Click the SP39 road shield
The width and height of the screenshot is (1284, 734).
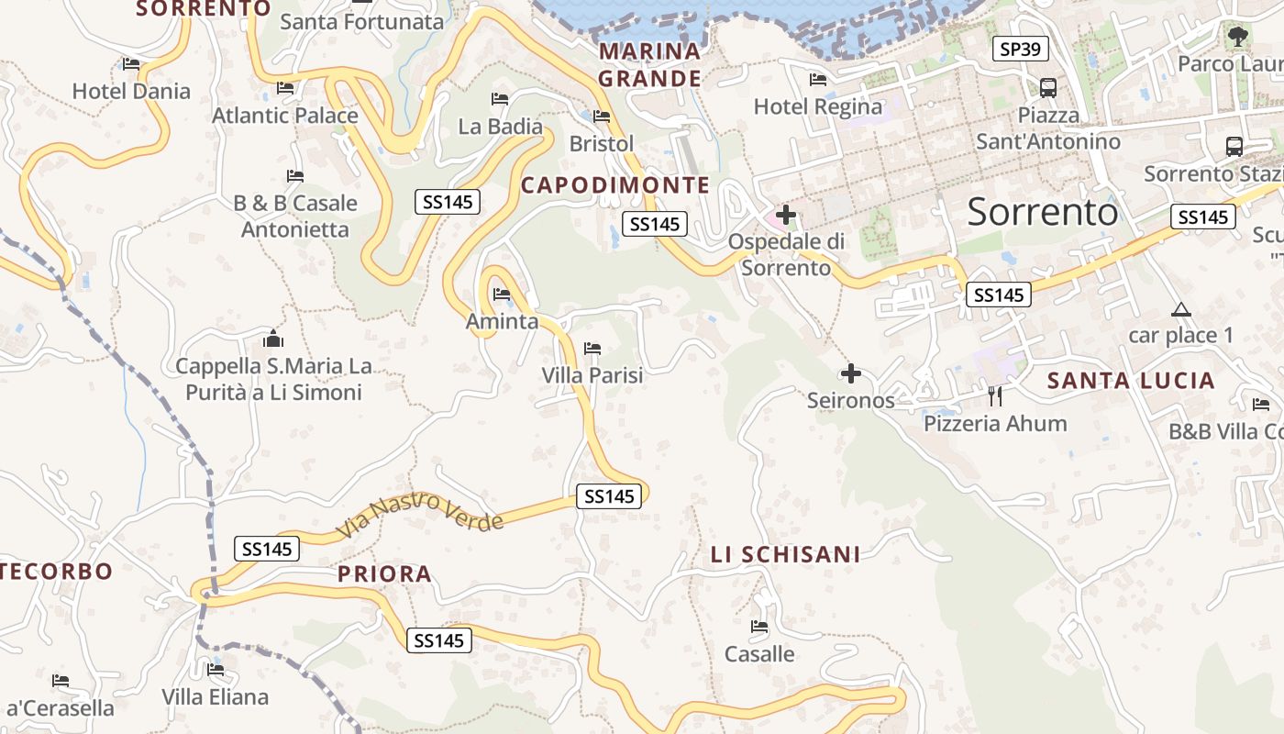1021,49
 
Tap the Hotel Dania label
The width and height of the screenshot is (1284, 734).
131,91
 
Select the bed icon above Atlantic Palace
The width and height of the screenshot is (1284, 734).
285,88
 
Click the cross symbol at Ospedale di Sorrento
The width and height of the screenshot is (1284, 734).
785,216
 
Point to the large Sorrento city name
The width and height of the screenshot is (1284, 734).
1043,212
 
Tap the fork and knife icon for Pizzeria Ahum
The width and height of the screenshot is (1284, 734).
995,396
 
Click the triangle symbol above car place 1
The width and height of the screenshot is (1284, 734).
1180,310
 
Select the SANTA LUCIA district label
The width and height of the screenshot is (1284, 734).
1131,381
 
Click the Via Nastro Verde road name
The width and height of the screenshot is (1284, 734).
420,515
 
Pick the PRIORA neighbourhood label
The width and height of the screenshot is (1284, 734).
384,574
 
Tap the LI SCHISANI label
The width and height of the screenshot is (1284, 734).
785,554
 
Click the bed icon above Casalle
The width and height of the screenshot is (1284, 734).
759,628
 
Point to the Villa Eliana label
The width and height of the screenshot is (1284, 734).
216,696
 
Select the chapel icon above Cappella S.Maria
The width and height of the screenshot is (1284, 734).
273,339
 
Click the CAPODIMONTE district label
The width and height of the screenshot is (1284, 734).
615,185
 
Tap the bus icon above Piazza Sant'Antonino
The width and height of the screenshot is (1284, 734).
1047,88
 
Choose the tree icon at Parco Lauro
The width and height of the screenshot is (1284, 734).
1238,37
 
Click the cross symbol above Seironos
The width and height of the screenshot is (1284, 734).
851,373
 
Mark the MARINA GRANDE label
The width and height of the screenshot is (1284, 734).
649,65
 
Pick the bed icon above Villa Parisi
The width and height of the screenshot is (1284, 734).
592,349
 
